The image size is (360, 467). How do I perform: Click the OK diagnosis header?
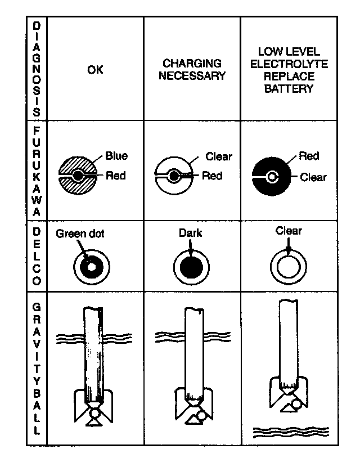(95, 70)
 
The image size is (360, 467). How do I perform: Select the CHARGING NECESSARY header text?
(191, 69)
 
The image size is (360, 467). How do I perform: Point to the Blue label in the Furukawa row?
(116, 156)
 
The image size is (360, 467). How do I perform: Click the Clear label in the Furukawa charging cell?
(219, 157)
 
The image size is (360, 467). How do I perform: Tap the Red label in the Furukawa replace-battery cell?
(309, 156)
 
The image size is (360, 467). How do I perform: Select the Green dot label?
(80, 234)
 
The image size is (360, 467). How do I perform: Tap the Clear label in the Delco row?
(289, 231)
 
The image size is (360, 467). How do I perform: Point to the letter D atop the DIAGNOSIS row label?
(37, 26)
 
